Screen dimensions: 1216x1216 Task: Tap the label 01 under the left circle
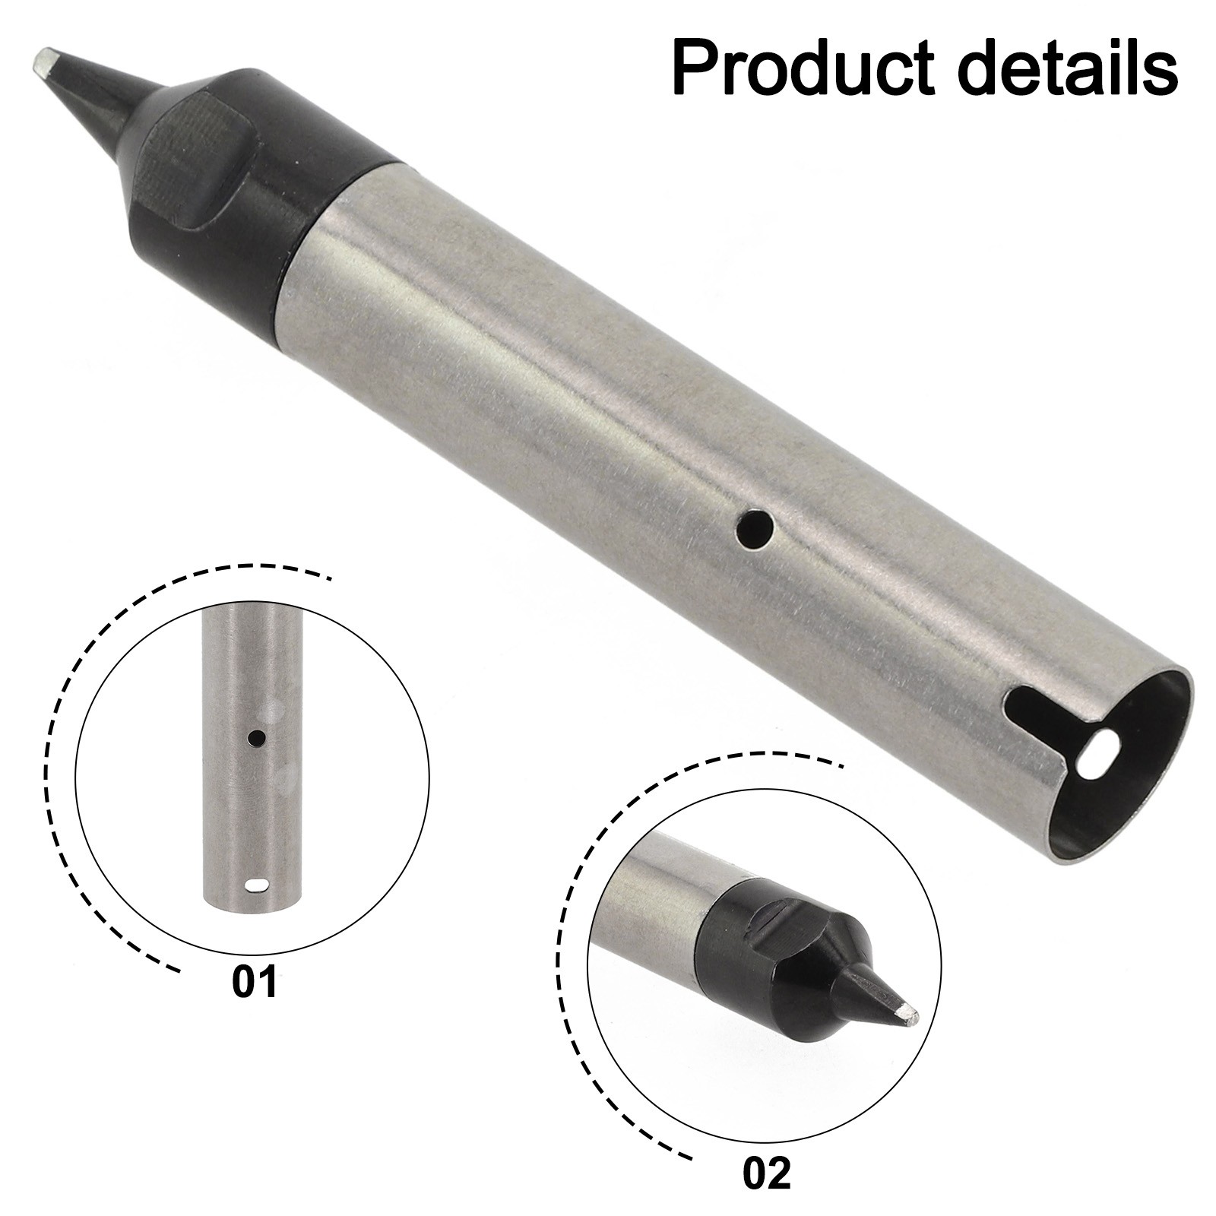(x=255, y=982)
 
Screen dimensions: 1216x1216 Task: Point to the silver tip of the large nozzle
(x=46, y=62)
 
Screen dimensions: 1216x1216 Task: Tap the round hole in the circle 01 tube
(x=258, y=737)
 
